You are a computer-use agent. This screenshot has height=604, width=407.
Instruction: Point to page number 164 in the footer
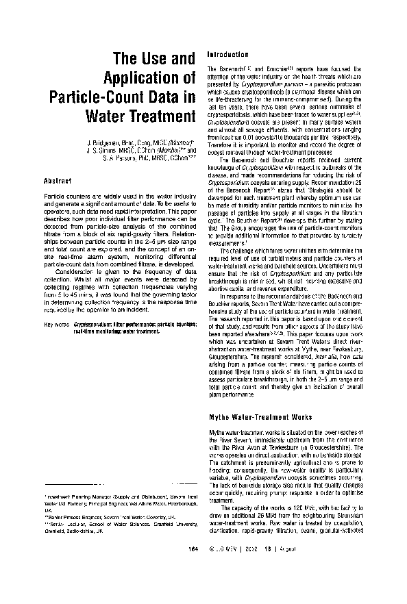[x=193, y=588]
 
